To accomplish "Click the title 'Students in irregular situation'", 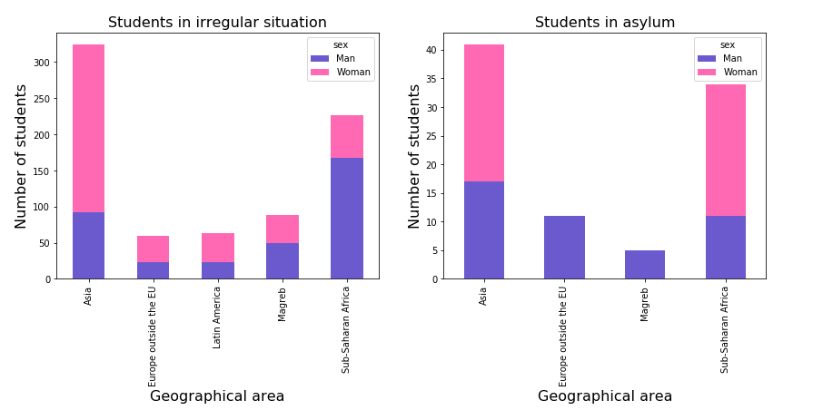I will (217, 23).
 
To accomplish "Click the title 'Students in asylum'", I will (604, 23).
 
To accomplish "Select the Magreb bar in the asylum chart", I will (644, 265).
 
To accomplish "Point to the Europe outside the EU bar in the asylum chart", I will (564, 248).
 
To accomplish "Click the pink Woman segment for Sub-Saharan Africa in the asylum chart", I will (725, 150).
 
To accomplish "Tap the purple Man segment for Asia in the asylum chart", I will (483, 230).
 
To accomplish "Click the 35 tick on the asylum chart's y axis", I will (431, 79).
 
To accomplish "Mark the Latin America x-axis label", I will (218, 317).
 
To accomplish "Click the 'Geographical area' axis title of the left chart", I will (217, 396).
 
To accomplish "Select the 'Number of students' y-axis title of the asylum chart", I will (415, 156).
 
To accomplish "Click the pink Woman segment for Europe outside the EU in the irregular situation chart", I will (153, 249).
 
